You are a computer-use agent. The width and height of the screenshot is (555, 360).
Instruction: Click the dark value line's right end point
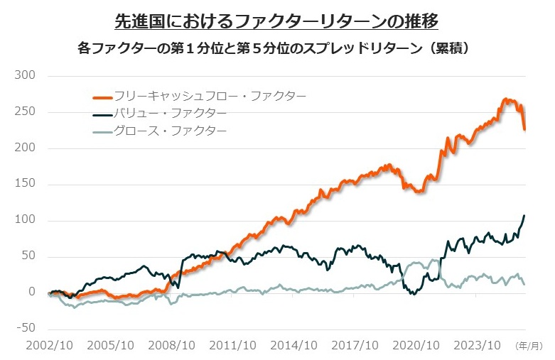524,216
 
